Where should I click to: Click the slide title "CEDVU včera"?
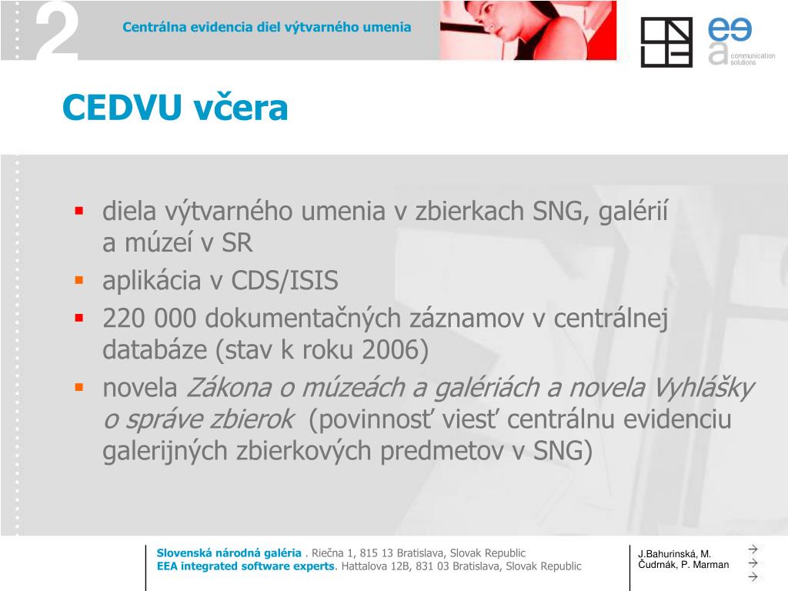point(175,108)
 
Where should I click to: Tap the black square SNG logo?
point(666,42)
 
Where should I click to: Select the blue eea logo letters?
point(730,30)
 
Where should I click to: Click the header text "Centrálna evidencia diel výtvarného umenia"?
point(267,27)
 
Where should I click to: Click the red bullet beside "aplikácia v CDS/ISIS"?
point(78,281)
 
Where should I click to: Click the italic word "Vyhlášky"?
point(703,388)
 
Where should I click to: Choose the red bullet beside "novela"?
point(78,387)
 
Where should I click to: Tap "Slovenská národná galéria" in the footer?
point(229,553)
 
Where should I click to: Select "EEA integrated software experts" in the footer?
point(246,566)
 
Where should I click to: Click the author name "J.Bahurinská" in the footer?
point(666,554)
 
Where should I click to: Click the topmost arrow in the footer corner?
point(753,549)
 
